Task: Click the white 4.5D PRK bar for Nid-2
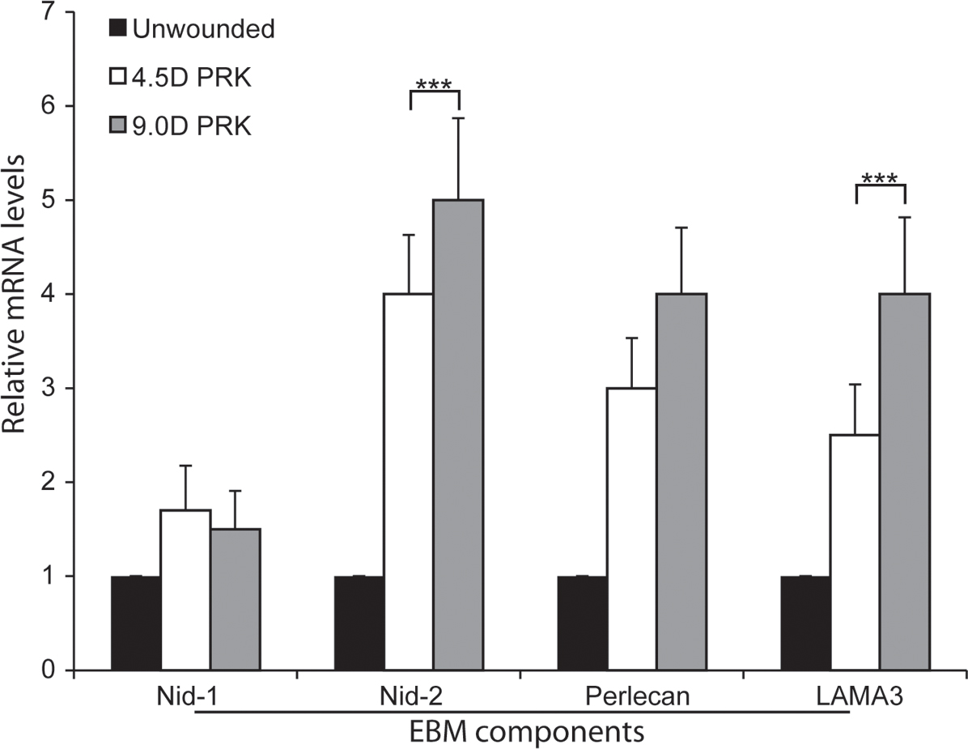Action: [408, 482]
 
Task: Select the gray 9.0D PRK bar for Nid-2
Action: [458, 435]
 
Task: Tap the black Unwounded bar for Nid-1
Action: [135, 623]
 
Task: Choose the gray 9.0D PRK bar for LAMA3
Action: [904, 482]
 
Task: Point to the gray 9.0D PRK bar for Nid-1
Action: [235, 599]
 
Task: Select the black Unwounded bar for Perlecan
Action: [582, 623]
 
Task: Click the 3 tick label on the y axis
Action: [52, 389]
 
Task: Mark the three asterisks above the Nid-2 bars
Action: [435, 83]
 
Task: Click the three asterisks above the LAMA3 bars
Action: [880, 177]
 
